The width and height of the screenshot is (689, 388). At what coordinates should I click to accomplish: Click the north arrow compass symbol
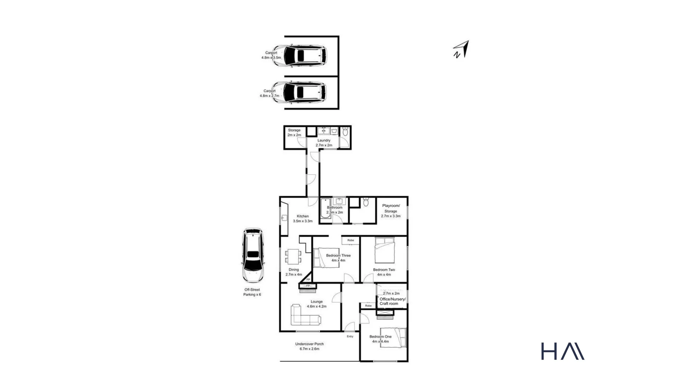coord(461,50)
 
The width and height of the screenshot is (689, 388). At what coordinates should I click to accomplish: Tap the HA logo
coord(562,351)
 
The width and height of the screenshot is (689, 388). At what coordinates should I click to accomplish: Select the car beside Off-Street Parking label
coord(253,255)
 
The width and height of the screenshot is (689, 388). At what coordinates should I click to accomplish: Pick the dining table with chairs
coord(293,256)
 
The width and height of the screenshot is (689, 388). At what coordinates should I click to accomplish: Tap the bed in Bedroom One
coord(393,338)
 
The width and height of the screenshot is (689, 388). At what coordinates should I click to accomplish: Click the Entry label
coord(350,337)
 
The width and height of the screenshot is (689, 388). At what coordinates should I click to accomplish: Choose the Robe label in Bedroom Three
coord(351,240)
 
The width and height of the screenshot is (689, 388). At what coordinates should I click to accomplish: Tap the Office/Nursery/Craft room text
coord(393,301)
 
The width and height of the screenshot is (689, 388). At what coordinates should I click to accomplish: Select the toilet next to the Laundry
coord(345,132)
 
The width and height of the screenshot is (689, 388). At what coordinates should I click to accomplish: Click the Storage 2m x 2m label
coord(294,133)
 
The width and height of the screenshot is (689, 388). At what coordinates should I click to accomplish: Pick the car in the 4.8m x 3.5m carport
coord(300,56)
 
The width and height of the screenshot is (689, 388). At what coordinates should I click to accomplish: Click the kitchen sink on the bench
coord(284,218)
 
